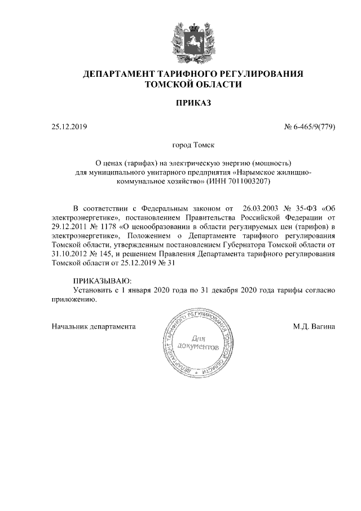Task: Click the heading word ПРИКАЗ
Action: [x=193, y=103]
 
